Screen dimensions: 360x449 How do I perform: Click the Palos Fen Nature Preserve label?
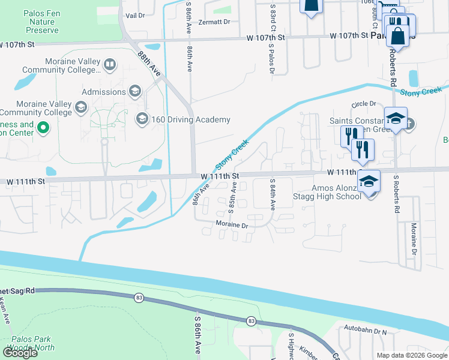(41, 22)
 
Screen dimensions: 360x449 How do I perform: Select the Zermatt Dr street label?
(215, 22)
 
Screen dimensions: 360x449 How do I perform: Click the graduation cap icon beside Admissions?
(135, 91)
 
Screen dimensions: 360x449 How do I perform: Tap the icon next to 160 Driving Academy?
(142, 119)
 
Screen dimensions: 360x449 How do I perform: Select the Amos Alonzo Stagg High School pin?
(369, 181)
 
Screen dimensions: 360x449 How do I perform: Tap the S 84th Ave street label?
(272, 194)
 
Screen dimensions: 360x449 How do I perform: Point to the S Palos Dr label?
(271, 61)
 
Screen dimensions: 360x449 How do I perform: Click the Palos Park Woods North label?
(31, 343)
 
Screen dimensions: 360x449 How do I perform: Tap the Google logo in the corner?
(20, 352)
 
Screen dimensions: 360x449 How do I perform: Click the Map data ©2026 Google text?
(412, 355)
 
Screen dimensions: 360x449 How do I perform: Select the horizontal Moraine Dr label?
(232, 224)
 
